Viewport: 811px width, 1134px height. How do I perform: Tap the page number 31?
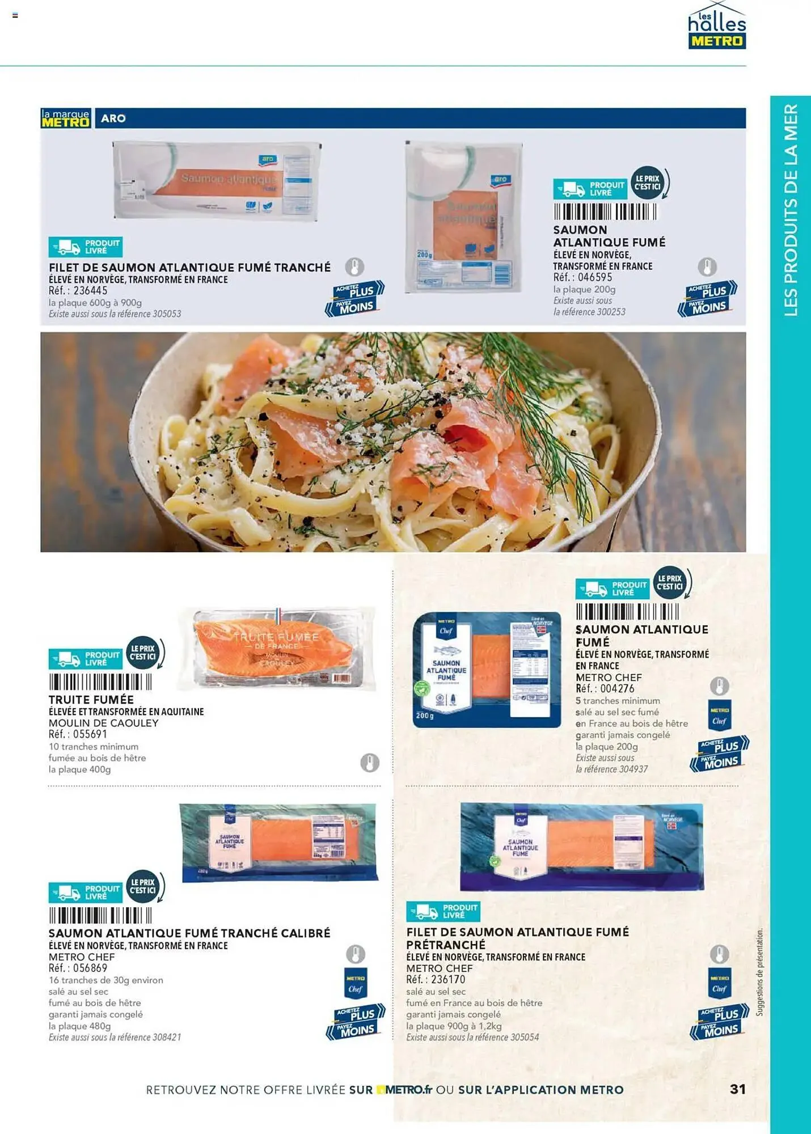[x=737, y=1089]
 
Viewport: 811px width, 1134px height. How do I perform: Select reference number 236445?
[x=90, y=291]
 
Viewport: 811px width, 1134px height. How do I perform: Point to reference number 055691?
[x=90, y=734]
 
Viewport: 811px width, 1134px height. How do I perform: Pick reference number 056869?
[x=90, y=968]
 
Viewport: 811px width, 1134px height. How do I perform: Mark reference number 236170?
[x=448, y=979]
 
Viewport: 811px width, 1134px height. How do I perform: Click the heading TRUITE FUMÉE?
[x=91, y=700]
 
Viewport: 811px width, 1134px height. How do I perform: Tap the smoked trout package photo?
[x=277, y=649]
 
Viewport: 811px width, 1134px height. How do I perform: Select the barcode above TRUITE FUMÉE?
[x=100, y=682]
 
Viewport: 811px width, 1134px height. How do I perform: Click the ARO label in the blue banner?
[x=113, y=119]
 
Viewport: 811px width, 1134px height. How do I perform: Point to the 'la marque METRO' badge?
[x=66, y=118]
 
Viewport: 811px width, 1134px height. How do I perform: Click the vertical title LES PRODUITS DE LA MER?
[x=791, y=210]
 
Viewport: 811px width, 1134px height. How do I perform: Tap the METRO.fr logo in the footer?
[x=404, y=1089]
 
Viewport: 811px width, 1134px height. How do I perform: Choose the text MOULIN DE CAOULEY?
[x=104, y=723]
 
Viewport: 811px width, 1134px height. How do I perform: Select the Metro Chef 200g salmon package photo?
[x=487, y=670]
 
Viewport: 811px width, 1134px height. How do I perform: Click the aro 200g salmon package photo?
[x=463, y=217]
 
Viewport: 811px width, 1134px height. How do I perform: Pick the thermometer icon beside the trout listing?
[x=370, y=763]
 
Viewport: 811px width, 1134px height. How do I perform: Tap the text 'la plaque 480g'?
[x=80, y=1026]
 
